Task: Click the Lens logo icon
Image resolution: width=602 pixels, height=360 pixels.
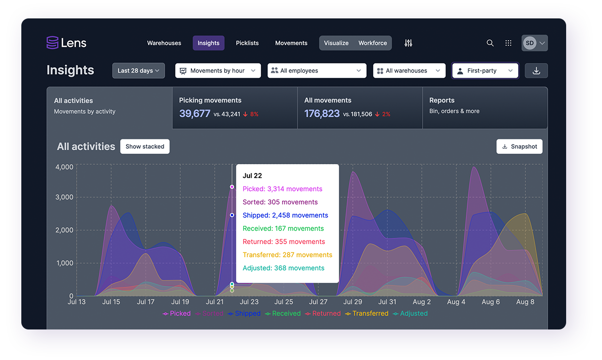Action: tap(52, 43)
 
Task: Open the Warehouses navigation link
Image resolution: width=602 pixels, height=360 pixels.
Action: tap(164, 43)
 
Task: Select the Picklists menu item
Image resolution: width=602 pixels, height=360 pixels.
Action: tap(247, 43)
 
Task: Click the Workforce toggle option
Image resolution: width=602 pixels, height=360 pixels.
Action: tap(373, 43)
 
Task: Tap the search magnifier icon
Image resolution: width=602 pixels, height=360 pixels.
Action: tap(490, 43)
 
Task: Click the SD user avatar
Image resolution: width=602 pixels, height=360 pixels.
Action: tap(530, 43)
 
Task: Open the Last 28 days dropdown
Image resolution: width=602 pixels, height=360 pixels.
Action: tap(139, 71)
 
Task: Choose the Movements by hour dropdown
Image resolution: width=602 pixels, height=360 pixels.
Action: tap(218, 71)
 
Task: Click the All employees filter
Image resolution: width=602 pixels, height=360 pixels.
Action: tap(317, 71)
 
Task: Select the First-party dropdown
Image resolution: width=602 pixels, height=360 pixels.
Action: tap(485, 71)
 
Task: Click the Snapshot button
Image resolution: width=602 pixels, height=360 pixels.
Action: tap(520, 146)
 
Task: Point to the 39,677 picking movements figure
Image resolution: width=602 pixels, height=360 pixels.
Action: tap(195, 113)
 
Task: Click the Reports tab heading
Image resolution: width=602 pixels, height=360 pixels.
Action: tap(442, 100)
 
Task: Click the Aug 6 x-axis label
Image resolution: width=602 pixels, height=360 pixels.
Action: tap(491, 302)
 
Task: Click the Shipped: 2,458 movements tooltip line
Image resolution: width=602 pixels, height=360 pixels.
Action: tap(285, 215)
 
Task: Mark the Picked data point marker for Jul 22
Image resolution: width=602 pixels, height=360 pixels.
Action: tap(232, 187)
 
